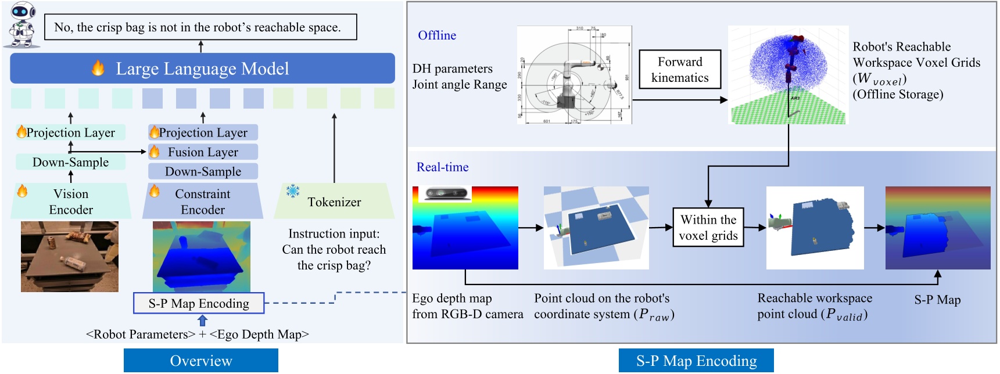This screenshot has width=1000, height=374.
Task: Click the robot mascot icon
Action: coord(22,25)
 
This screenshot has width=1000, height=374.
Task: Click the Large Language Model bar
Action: coord(202,69)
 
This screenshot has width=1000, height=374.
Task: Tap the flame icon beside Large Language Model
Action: coord(98,69)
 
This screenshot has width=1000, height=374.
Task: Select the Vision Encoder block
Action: coord(70,201)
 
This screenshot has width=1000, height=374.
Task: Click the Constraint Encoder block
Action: coord(202,201)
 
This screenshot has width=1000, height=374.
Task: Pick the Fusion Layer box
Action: coord(203,152)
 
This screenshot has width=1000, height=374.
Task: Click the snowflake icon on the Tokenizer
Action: coord(292,190)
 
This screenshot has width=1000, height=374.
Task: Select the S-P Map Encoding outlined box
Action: coord(199,303)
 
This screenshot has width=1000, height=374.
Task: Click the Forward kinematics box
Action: coord(680,70)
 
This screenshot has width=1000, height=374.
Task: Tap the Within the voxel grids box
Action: coord(708,228)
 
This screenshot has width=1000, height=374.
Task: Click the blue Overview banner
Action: coord(200,361)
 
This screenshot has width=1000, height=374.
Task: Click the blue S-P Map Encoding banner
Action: coord(696,361)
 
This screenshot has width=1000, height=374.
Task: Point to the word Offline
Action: coord(437,35)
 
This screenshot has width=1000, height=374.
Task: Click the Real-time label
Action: coord(442,167)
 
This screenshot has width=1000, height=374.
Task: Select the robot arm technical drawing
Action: coord(574,75)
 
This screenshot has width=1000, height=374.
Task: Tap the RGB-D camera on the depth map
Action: coord(446,193)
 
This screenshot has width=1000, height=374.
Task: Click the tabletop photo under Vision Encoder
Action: coord(70,256)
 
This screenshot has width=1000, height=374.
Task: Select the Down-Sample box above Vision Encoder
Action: coord(70,162)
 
